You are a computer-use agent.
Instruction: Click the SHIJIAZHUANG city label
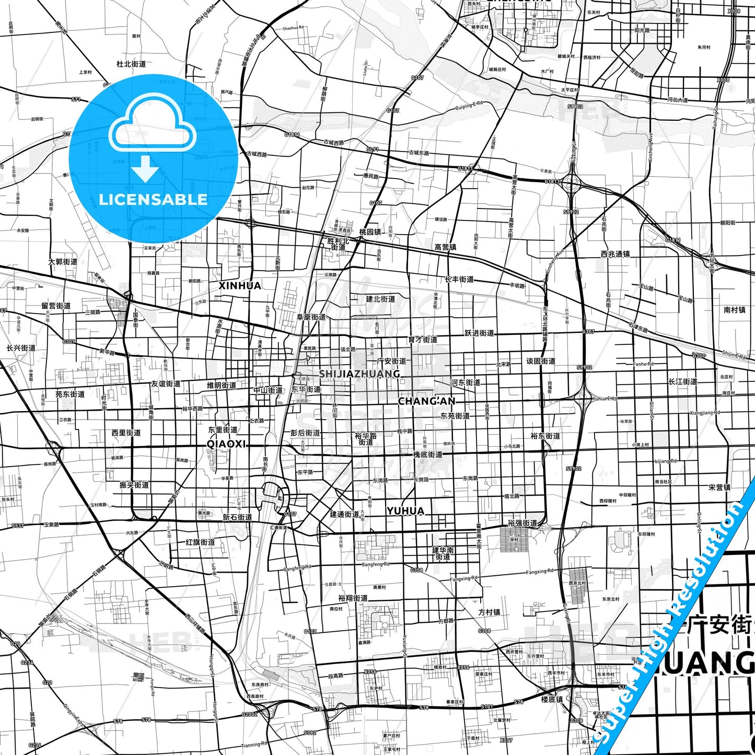(x=359, y=374)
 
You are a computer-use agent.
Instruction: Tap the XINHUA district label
(x=239, y=286)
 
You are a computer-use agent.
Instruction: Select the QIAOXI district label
(x=226, y=444)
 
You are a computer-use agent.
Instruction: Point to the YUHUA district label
(x=405, y=511)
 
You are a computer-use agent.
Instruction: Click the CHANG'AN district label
(x=426, y=401)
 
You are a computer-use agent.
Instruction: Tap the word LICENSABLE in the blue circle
(x=153, y=199)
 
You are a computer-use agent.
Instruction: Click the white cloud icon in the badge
(x=153, y=130)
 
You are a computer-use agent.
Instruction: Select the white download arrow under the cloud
(x=145, y=169)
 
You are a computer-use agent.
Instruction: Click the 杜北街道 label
(x=131, y=64)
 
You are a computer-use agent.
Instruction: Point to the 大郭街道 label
(x=63, y=262)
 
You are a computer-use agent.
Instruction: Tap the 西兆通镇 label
(x=615, y=254)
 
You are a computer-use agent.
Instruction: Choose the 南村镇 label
(x=734, y=310)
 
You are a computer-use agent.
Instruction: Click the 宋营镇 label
(x=719, y=487)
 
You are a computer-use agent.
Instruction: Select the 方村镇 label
(x=489, y=612)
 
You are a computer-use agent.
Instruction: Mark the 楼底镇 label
(x=552, y=699)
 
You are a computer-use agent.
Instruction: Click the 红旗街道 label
(x=200, y=542)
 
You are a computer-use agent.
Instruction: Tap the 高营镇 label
(x=445, y=247)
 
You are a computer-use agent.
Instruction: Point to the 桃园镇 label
(x=370, y=231)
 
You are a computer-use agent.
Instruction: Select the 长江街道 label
(x=682, y=381)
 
